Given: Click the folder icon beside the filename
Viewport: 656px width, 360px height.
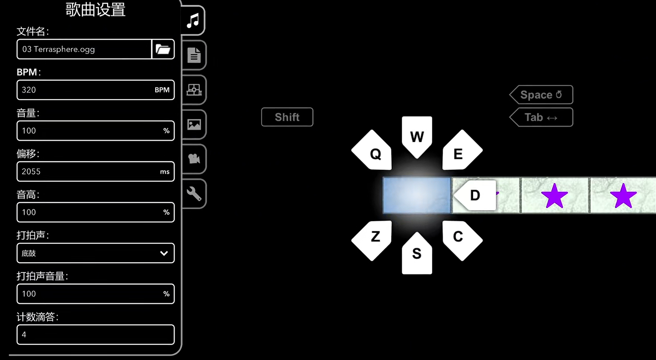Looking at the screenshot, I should coord(163,49).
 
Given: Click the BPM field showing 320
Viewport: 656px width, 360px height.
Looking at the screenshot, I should coord(84,90).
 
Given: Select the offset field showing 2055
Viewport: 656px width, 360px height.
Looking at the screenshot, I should coord(84,171).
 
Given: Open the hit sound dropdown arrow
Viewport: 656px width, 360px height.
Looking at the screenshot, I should coord(164,253).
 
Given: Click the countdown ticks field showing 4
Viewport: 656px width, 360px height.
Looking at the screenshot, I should coord(95,335).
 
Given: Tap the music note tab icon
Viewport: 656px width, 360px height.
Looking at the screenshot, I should coord(193,20).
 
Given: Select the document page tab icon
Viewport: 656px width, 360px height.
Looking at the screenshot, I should coord(194,55).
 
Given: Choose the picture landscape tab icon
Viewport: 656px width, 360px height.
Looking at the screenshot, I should coord(194,124).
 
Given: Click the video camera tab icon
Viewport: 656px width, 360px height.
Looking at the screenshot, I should coord(194,159).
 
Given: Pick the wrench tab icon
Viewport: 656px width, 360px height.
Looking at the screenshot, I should coord(194,193).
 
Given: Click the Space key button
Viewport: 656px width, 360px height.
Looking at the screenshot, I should coord(541,95).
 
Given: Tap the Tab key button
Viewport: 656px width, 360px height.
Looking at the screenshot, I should coord(541,118).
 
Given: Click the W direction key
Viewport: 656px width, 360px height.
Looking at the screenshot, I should coord(417,137).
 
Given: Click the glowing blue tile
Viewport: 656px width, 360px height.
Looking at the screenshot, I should coord(417,195).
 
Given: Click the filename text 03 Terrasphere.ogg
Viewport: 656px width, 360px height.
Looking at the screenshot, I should coord(58,49).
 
